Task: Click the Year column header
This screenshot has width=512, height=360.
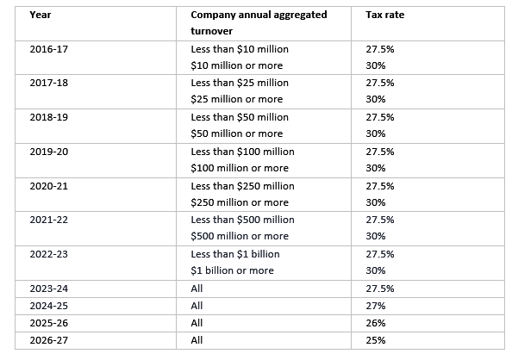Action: click(39, 16)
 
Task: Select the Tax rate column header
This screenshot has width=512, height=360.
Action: click(385, 16)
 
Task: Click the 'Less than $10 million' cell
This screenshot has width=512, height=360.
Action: click(239, 49)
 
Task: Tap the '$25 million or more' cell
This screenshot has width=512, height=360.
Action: click(236, 99)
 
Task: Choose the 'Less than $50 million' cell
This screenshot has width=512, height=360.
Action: click(239, 117)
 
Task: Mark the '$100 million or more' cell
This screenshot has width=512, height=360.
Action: click(239, 168)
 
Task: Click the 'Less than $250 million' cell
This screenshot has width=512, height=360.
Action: click(241, 186)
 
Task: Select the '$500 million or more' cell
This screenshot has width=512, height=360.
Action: click(239, 236)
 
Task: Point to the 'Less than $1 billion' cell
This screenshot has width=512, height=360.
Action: click(234, 254)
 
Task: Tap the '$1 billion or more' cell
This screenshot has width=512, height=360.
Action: click(231, 270)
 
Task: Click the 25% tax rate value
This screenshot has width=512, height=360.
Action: click(375, 339)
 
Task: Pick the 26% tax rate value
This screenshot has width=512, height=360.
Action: click(375, 322)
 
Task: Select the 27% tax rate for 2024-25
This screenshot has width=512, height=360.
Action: click(375, 305)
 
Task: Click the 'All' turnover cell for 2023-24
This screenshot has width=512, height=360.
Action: click(197, 288)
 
